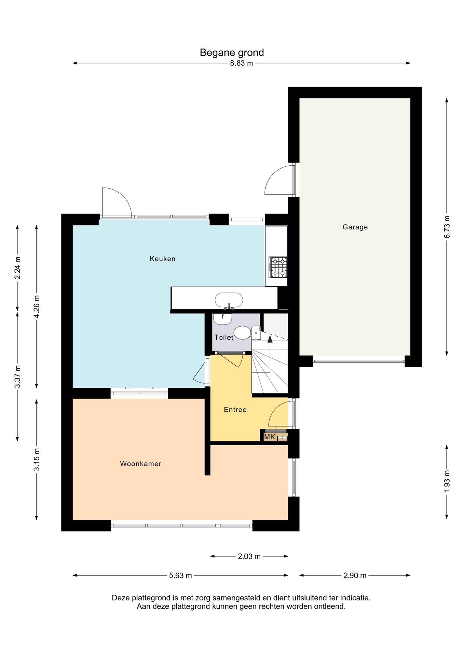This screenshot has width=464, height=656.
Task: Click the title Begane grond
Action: [232, 53]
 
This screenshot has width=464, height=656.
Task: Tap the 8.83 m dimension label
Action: [242, 63]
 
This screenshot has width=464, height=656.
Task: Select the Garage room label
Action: [355, 227]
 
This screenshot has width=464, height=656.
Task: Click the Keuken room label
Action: [163, 259]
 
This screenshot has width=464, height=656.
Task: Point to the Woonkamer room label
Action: [141, 464]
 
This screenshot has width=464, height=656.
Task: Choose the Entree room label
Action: [235, 410]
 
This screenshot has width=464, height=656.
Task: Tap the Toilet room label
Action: [224, 338]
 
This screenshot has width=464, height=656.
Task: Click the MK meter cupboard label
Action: [270, 437]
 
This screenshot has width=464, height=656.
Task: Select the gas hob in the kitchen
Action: [278, 267]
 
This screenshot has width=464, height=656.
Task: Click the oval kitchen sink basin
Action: [229, 300]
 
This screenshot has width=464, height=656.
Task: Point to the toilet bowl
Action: [243, 332]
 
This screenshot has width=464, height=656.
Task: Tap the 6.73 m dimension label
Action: [447, 227]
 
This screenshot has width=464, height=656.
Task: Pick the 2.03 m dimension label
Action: [249, 557]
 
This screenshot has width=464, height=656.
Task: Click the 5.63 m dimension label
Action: [180, 576]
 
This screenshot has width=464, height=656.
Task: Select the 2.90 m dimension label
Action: [355, 576]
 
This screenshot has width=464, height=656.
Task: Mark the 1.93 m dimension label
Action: [447, 481]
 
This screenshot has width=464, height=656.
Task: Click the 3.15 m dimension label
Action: [37, 460]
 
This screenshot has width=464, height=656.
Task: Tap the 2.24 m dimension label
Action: [17, 268]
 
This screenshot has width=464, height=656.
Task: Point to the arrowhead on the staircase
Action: [270, 339]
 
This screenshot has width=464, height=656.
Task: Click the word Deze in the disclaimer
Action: [121, 598]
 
